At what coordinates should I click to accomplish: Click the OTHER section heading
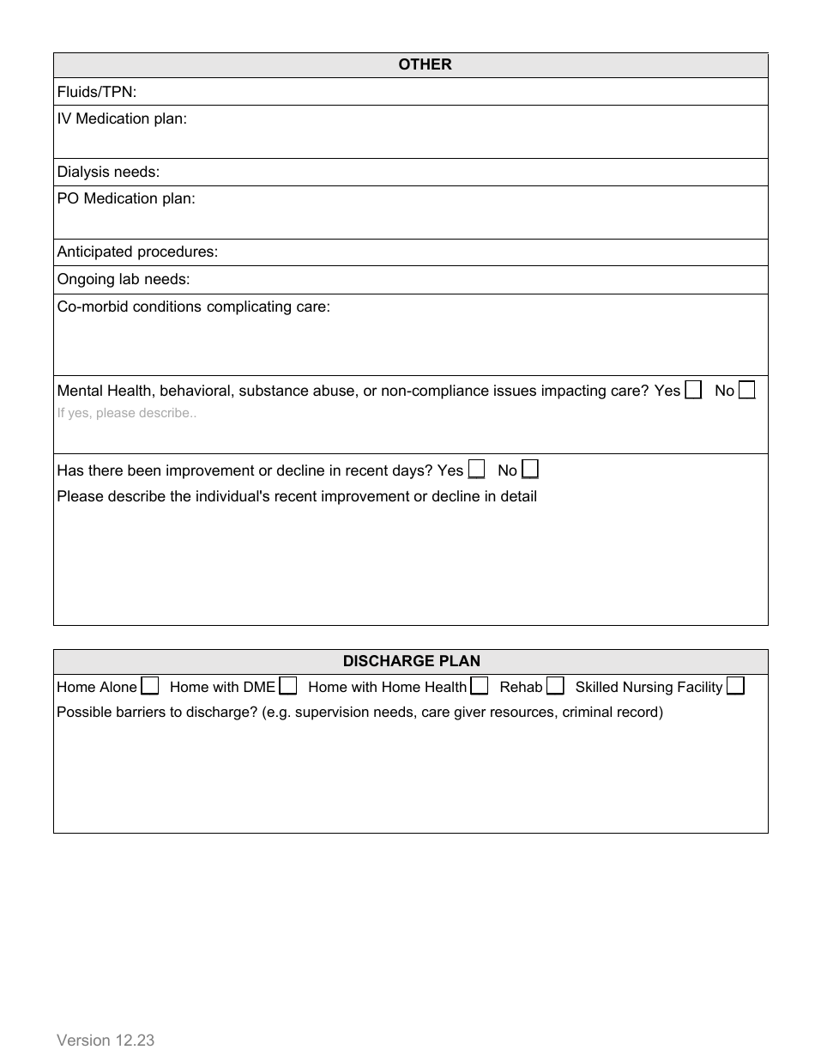pyautogui.click(x=425, y=65)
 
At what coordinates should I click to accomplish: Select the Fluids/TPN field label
pyautogui.click(x=96, y=92)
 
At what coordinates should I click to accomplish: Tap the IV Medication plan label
pyautogui.click(x=121, y=119)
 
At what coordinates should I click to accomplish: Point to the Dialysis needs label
pyautogui.click(x=108, y=173)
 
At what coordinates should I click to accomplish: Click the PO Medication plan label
pyautogui.click(x=125, y=199)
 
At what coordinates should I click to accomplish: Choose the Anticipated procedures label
pyautogui.click(x=137, y=252)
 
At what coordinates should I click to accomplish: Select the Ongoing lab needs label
pyautogui.click(x=123, y=280)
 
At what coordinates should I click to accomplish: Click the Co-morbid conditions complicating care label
pyautogui.click(x=193, y=306)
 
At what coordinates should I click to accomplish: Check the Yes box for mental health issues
pyautogui.click(x=693, y=390)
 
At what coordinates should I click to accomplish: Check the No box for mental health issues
pyautogui.click(x=746, y=390)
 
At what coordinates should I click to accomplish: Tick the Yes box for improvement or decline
pyautogui.click(x=476, y=470)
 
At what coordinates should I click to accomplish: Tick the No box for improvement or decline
pyautogui.click(x=530, y=470)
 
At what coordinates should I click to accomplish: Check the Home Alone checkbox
pyautogui.click(x=150, y=686)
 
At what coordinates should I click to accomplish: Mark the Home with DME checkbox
pyautogui.click(x=288, y=686)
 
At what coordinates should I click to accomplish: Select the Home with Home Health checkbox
pyautogui.click(x=480, y=686)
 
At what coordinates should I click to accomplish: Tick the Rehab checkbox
pyautogui.click(x=555, y=686)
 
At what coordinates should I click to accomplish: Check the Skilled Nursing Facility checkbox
pyautogui.click(x=735, y=686)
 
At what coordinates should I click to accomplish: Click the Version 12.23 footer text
pyautogui.click(x=106, y=1041)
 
